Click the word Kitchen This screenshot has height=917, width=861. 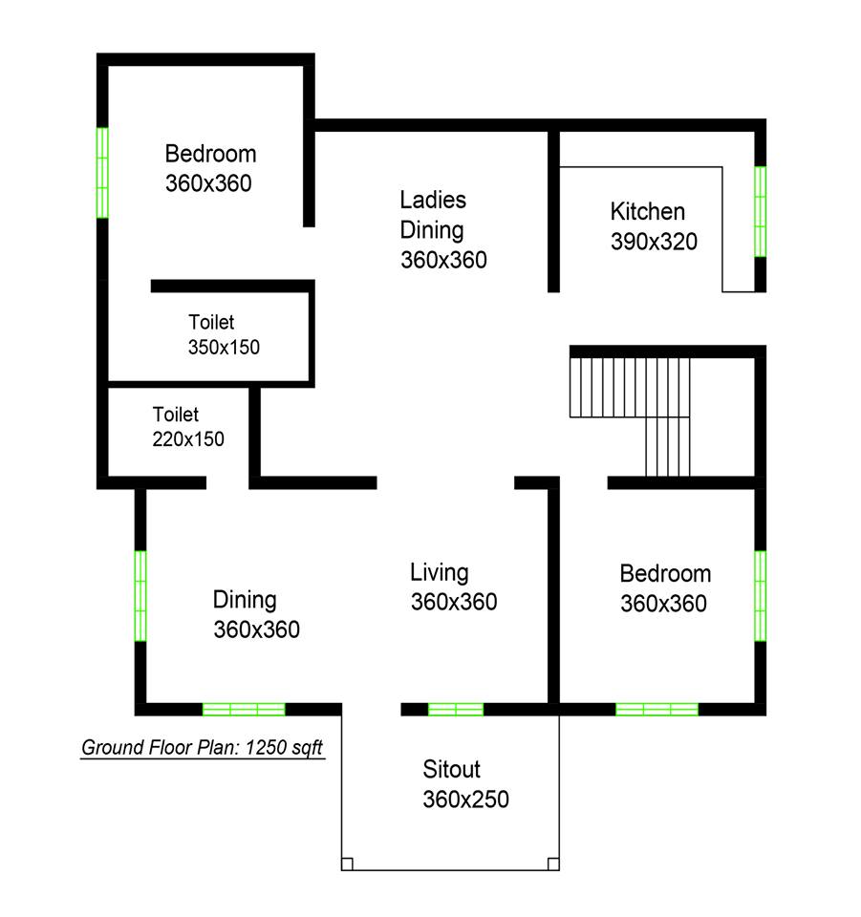point(647,211)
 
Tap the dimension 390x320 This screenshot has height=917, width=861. point(654,241)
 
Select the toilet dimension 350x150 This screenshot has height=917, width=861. point(224,347)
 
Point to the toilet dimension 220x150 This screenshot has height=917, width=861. point(187,438)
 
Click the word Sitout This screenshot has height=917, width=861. point(451,769)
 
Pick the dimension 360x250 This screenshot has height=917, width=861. point(465,799)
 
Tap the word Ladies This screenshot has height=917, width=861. point(433,200)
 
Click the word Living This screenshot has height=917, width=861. point(439,573)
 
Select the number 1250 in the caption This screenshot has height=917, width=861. point(265,747)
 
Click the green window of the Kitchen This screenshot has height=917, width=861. point(760,211)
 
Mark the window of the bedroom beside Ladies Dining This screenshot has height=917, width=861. point(102,173)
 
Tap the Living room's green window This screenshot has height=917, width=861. point(456,710)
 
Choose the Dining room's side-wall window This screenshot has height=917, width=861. point(140,595)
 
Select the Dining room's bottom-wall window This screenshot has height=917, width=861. point(244,710)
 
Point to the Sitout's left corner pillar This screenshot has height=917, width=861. point(347,864)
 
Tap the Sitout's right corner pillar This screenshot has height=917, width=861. point(553,864)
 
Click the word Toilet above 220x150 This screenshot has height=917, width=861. point(176,414)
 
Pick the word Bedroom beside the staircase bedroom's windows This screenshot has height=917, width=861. point(665,574)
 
